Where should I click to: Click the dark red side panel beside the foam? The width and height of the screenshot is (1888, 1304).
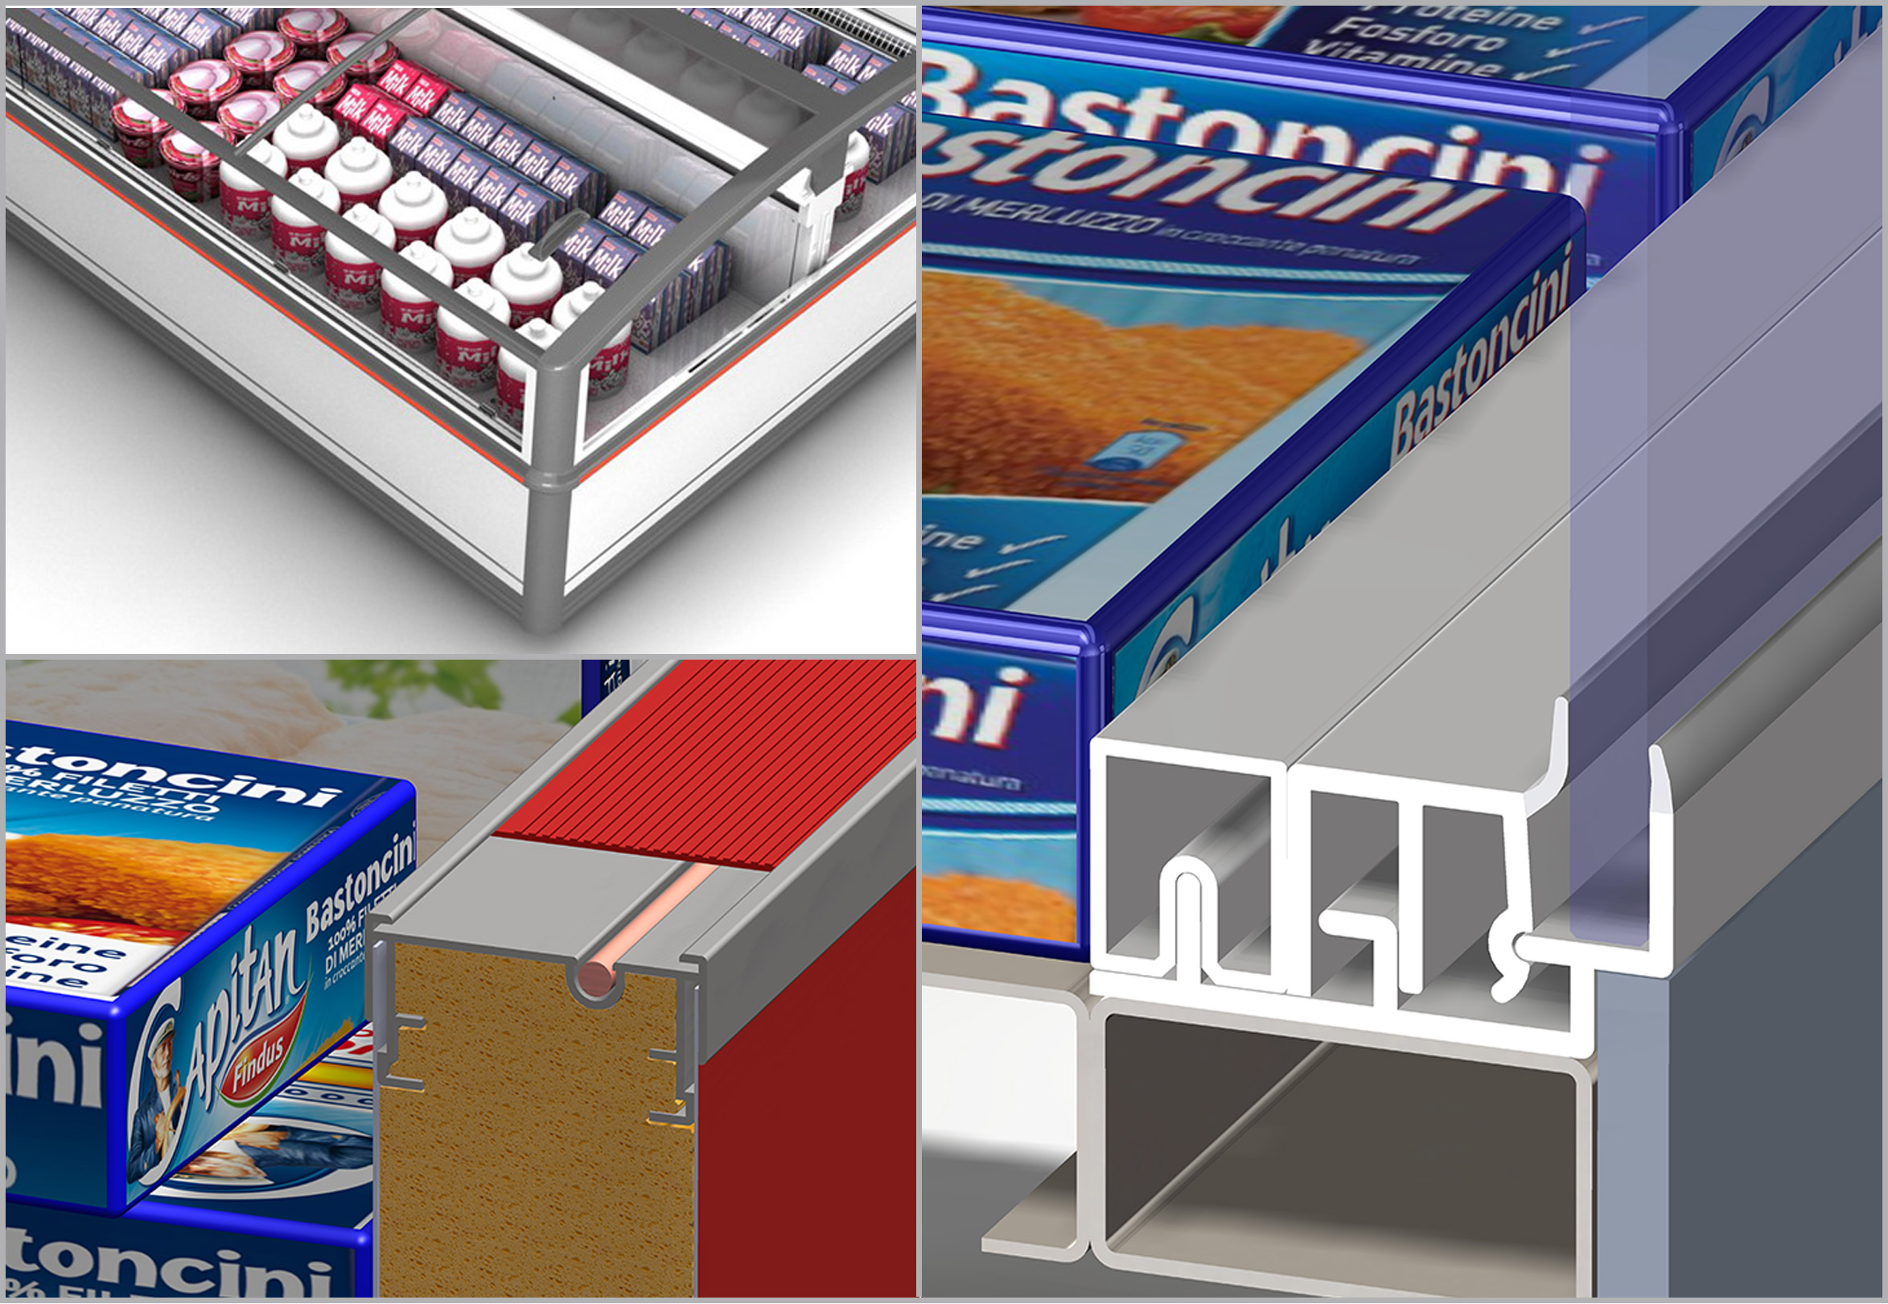(x=804, y=1103)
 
